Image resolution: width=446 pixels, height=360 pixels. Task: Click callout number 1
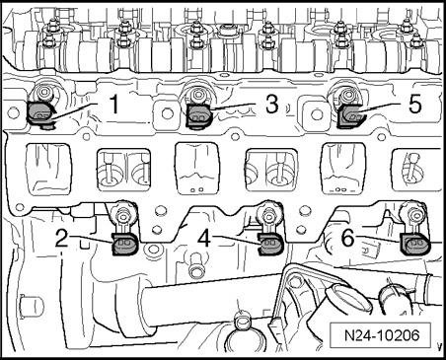pos(113,104)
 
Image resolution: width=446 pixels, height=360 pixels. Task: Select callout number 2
pos(62,238)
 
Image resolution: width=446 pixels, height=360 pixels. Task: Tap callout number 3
pos(272,104)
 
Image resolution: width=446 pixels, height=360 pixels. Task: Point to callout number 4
pos(204,238)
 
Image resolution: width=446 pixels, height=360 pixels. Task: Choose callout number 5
pos(414,104)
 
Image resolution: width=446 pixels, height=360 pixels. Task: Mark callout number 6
pos(348,238)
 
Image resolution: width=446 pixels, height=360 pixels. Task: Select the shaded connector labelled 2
pos(125,245)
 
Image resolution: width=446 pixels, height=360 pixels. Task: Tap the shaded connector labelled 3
pos(199,115)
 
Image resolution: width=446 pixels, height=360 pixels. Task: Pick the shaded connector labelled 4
pos(269,244)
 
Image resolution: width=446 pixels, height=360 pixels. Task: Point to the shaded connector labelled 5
pos(350,115)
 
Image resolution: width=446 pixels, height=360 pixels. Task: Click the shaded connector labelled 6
pos(412,244)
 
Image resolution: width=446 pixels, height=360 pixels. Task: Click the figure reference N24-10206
pos(382,335)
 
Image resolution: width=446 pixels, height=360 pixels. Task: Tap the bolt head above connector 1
pos(43,92)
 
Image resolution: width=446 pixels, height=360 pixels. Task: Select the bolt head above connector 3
pos(198,93)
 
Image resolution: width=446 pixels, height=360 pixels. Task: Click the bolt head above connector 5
pos(346,94)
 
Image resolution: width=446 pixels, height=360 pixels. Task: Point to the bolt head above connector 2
pos(125,216)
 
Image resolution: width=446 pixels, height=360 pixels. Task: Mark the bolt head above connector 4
pos(269,215)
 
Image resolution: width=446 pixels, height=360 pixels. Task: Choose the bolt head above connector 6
pos(411,215)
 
